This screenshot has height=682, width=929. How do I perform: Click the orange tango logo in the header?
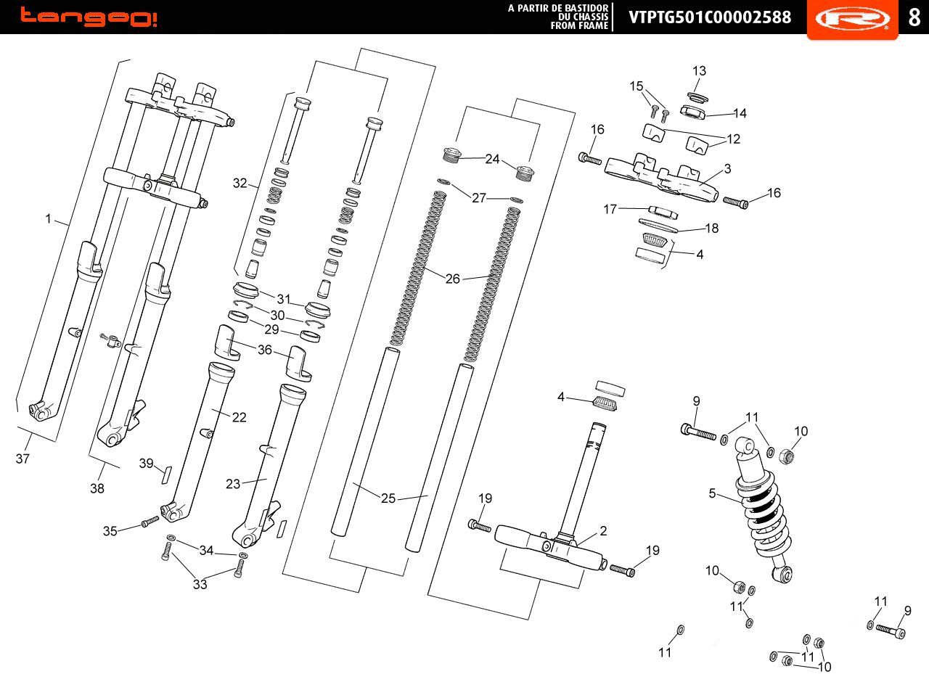click(89, 17)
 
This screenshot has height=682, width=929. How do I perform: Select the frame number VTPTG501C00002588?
click(710, 17)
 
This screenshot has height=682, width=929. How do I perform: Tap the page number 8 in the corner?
click(914, 17)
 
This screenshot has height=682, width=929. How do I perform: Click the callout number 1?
click(48, 218)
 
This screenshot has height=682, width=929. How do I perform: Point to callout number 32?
click(240, 183)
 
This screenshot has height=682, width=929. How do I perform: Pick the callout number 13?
click(699, 71)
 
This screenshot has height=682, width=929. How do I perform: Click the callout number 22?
click(240, 417)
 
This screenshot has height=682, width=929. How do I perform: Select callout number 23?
click(233, 484)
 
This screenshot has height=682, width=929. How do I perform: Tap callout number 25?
click(388, 498)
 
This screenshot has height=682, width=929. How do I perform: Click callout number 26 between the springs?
click(452, 279)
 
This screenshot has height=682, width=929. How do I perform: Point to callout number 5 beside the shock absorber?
click(712, 493)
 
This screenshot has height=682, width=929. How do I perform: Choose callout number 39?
click(146, 463)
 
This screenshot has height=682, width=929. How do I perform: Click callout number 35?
click(110, 531)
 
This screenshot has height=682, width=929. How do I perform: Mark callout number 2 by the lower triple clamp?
click(603, 530)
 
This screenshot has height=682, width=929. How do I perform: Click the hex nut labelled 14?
click(692, 112)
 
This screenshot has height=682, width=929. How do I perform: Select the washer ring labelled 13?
click(697, 97)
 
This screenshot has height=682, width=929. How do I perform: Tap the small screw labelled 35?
click(150, 522)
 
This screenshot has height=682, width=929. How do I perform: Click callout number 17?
click(610, 210)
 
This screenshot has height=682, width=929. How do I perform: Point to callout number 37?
click(22, 459)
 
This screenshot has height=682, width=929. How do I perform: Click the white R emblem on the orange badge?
click(853, 19)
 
